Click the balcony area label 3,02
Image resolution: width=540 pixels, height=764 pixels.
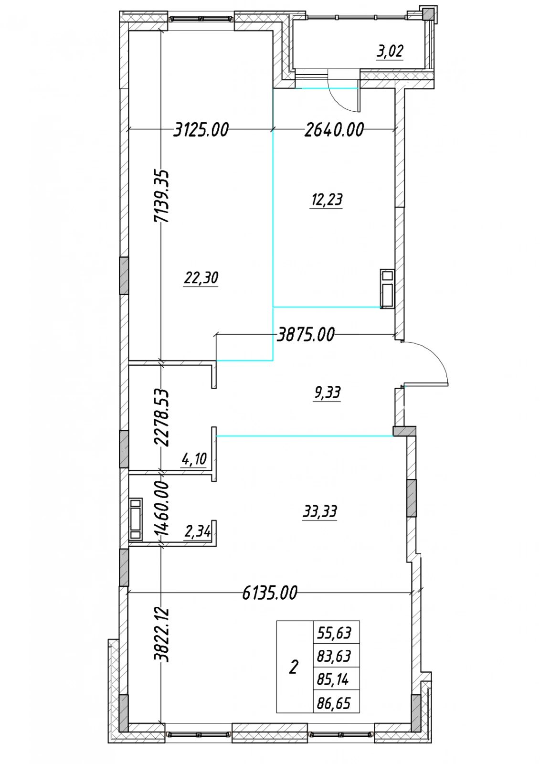pyautogui.click(x=390, y=51)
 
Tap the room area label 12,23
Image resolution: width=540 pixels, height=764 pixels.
pyautogui.click(x=326, y=200)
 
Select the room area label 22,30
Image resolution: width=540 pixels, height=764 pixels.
pyautogui.click(x=201, y=278)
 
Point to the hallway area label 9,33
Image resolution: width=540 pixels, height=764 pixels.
pyautogui.click(x=327, y=393)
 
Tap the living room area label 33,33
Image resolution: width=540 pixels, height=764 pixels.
pyautogui.click(x=319, y=512)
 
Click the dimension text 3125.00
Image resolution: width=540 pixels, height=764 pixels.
pyautogui.click(x=201, y=129)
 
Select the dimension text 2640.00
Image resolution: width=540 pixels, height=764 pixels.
pyautogui.click(x=334, y=129)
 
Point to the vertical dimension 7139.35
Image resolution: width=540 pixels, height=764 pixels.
pyautogui.click(x=161, y=196)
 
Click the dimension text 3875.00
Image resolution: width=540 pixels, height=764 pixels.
pyautogui.click(x=306, y=334)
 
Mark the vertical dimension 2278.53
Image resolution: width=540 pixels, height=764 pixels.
pyautogui.click(x=161, y=417)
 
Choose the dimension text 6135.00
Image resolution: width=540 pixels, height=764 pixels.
pyautogui.click(x=269, y=593)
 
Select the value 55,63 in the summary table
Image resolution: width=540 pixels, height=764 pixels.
pyautogui.click(x=334, y=633)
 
